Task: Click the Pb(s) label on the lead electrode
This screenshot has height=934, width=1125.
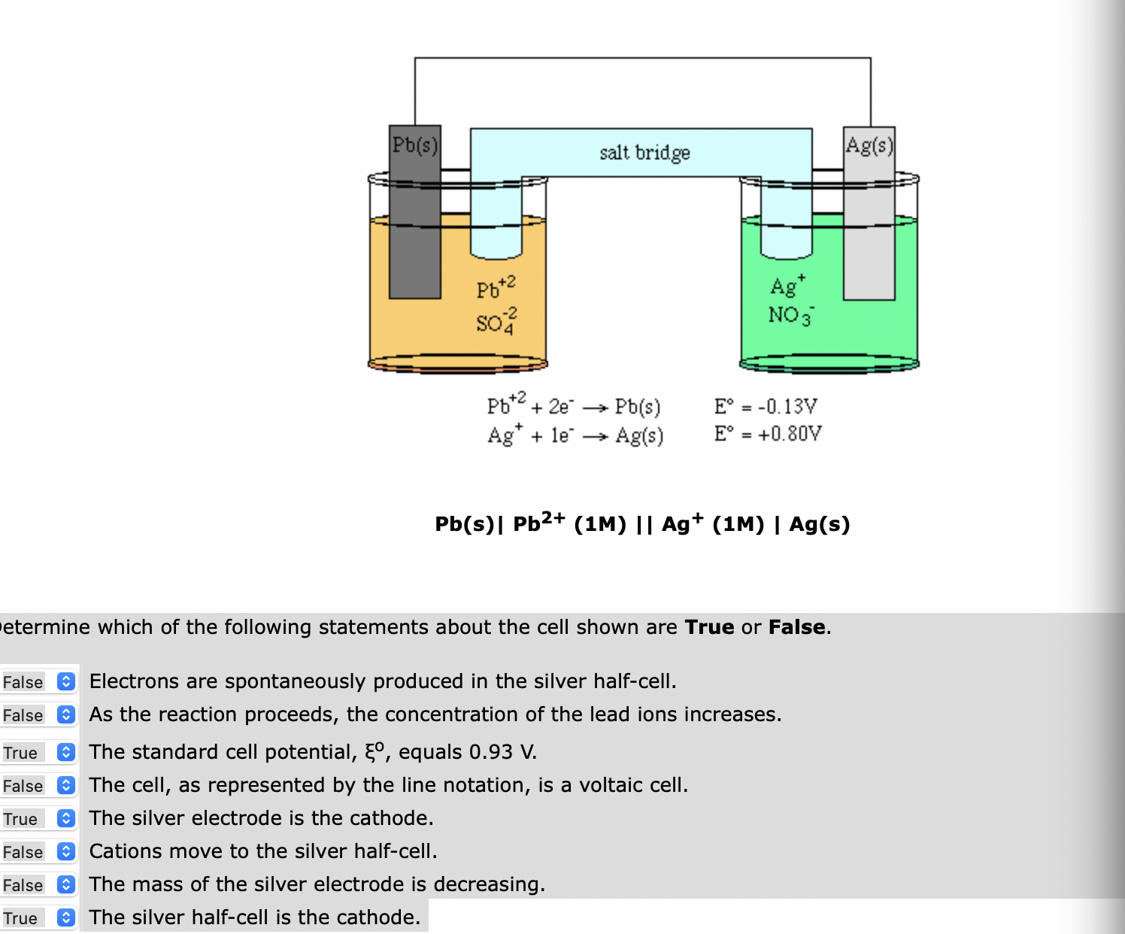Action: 414,144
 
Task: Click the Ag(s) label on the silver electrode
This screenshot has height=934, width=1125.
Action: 869,144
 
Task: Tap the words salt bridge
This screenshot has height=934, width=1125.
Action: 644,153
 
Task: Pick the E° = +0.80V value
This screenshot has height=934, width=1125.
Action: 768,434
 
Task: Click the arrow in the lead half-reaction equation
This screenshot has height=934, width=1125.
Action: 594,408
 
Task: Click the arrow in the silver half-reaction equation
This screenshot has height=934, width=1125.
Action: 594,437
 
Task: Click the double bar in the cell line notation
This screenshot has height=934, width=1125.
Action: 644,524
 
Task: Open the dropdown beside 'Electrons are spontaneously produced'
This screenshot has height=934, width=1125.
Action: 66,681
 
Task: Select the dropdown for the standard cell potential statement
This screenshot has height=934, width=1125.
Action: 66,752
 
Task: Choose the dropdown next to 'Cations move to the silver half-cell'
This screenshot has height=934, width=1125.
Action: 66,851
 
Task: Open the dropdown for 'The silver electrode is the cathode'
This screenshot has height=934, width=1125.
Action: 66,818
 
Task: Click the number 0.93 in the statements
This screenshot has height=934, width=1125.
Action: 490,752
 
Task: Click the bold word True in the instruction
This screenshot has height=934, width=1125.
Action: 709,627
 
